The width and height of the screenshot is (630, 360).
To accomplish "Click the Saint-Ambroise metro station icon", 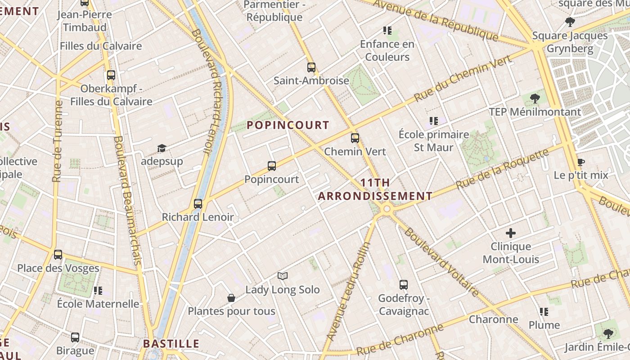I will pyautogui.click(x=311, y=67).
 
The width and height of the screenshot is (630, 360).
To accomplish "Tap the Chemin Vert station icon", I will pyautogui.click(x=355, y=138).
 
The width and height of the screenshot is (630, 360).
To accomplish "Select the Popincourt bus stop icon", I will pyautogui.click(x=272, y=166).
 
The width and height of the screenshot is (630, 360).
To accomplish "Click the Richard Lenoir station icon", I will pyautogui.click(x=198, y=204).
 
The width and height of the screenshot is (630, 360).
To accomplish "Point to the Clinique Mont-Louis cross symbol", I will pyautogui.click(x=511, y=233).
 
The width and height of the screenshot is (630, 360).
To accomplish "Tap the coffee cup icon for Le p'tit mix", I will pyautogui.click(x=581, y=162).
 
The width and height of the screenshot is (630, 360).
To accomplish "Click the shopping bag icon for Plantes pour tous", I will pyautogui.click(x=231, y=298).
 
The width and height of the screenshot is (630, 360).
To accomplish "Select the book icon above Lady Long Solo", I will pyautogui.click(x=283, y=276).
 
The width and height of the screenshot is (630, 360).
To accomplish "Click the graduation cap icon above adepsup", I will pyautogui.click(x=162, y=148).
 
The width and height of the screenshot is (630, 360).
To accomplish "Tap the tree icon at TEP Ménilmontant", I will pyautogui.click(x=535, y=98).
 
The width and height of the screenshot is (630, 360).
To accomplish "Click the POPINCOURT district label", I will pyautogui.click(x=288, y=125).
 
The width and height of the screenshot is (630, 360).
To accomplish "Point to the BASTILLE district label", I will pyautogui.click(x=171, y=344).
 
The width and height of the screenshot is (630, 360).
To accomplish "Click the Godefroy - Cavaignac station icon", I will pyautogui.click(x=404, y=285).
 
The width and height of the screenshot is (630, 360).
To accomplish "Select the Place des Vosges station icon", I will pyautogui.click(x=58, y=255).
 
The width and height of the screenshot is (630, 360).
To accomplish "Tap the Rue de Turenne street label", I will pyautogui.click(x=57, y=141).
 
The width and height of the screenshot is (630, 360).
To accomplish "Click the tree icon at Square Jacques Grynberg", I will pyautogui.click(x=570, y=22).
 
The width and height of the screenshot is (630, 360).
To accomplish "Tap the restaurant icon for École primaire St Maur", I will pyautogui.click(x=434, y=121).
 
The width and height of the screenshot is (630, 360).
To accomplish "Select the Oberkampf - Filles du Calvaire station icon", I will pyautogui.click(x=111, y=75).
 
